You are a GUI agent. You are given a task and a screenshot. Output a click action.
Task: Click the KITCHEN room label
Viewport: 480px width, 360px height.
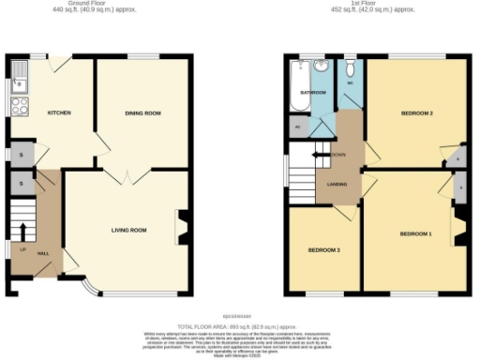point(59,113)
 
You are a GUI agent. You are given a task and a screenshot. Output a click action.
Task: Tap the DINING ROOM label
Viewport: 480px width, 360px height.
point(143,113)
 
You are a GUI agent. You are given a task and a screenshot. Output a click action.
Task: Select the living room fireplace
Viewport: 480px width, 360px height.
point(182,227)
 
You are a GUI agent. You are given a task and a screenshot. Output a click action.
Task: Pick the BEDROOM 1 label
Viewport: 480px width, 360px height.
point(415,232)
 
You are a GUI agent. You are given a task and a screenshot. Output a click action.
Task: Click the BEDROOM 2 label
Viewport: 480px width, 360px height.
point(416,113)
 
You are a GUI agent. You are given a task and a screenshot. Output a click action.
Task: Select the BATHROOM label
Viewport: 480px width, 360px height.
point(312,93)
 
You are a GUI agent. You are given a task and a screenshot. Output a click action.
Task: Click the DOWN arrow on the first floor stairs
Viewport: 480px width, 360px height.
point(322,155)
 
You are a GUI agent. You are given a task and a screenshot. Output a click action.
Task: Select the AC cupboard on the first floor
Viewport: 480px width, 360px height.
point(298,126)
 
